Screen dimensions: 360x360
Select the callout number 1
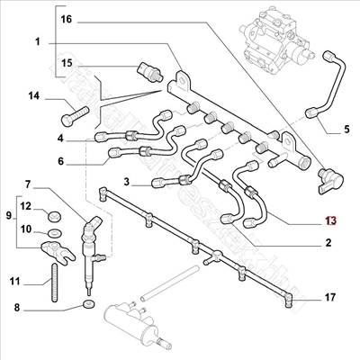38,42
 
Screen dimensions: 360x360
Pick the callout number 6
60,162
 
